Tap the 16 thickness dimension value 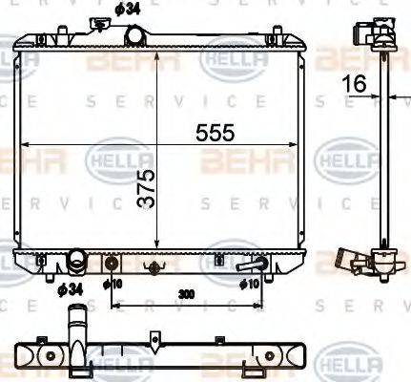(354, 84)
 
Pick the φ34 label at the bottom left (68, 288)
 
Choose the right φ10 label (250, 283)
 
